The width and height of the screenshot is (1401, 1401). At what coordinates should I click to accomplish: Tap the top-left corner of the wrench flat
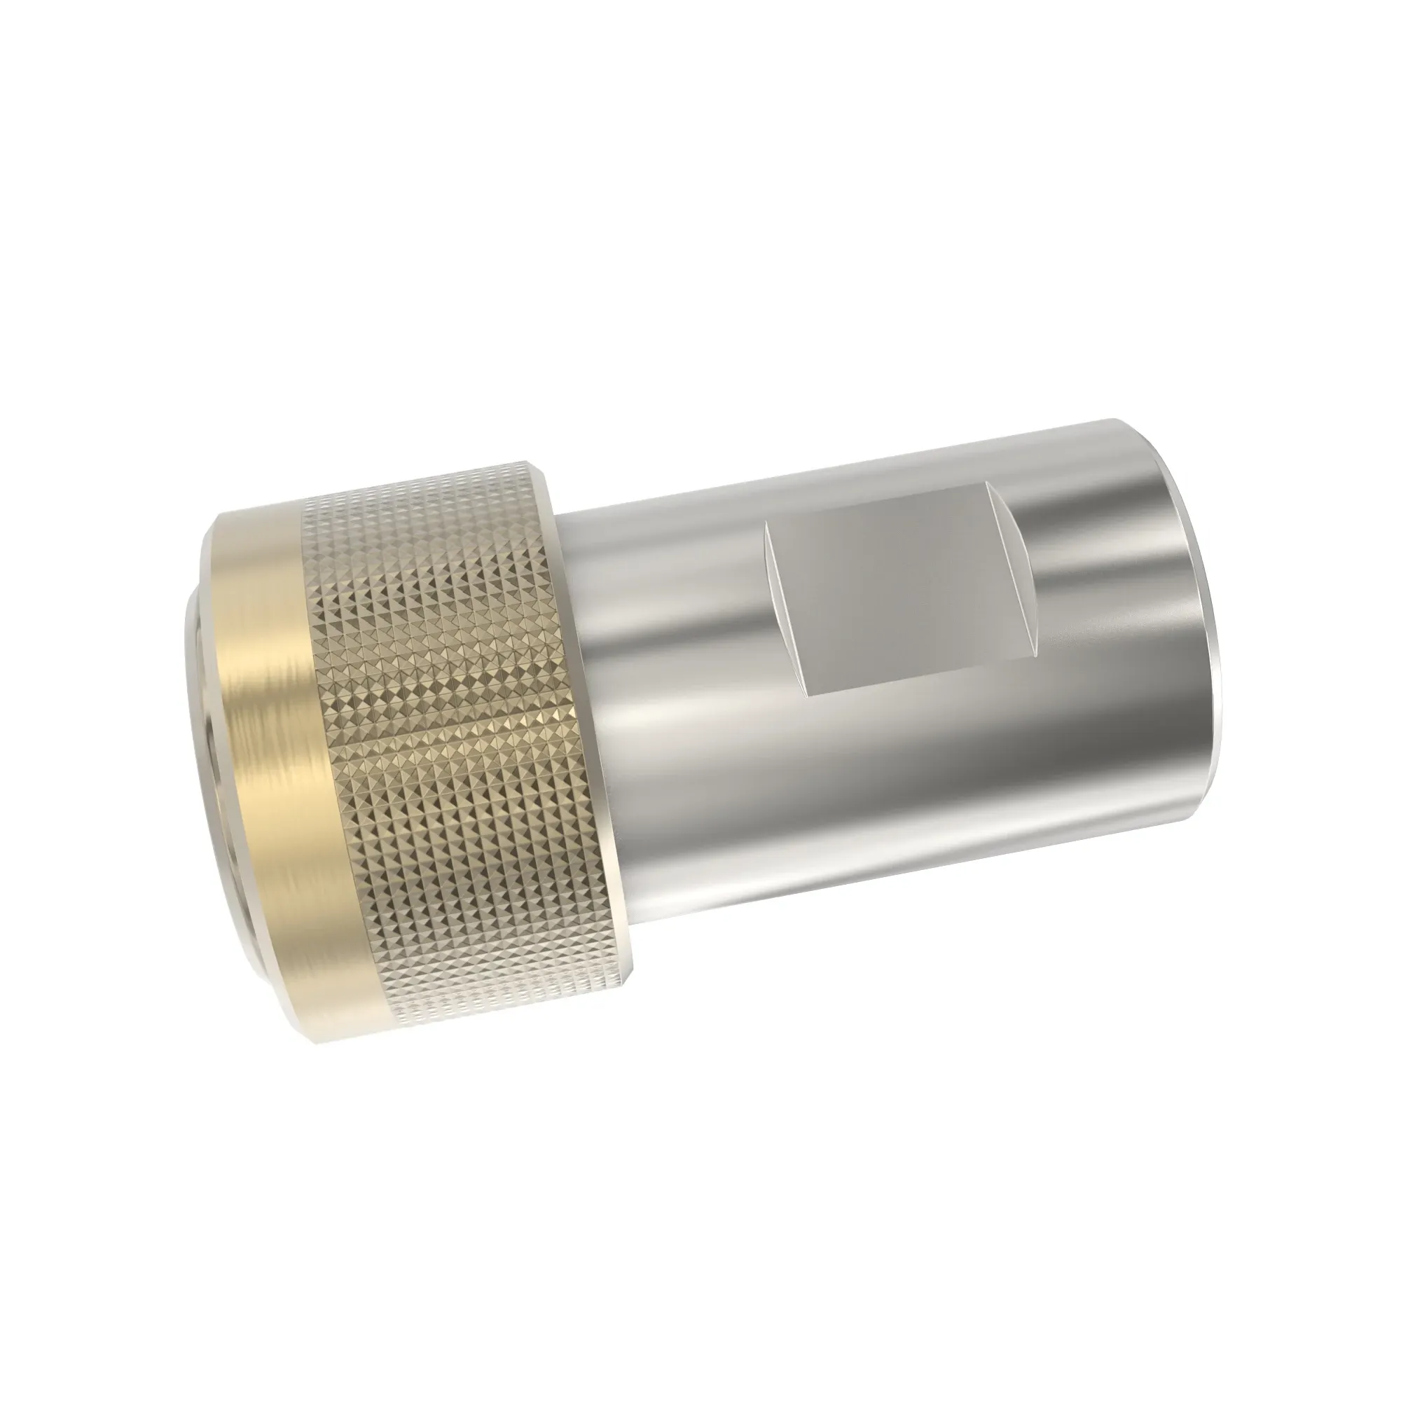(x=766, y=527)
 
